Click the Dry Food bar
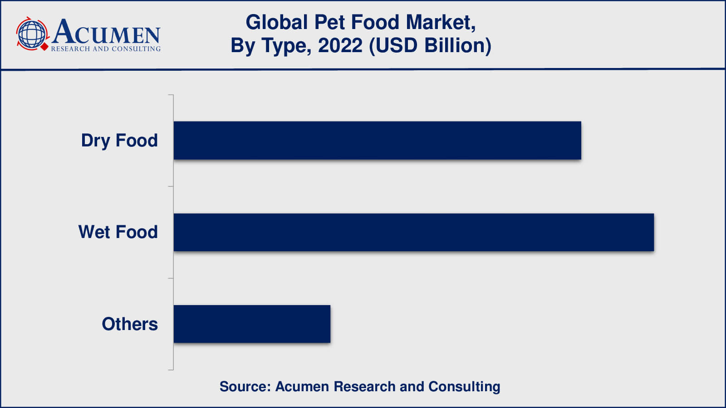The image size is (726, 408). (x=377, y=141)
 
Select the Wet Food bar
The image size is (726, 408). (x=413, y=232)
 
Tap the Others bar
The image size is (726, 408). (x=252, y=324)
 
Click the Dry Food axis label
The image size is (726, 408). (x=119, y=141)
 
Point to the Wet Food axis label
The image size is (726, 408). (x=118, y=232)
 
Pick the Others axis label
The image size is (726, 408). (x=130, y=324)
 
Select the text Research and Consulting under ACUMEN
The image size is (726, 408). (x=106, y=49)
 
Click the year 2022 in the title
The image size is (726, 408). (x=340, y=46)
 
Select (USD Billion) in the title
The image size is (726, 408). (x=430, y=46)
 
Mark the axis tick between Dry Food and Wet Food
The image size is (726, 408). (x=171, y=186)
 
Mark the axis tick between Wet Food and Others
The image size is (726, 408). (x=171, y=278)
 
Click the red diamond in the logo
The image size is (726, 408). (x=44, y=47)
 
